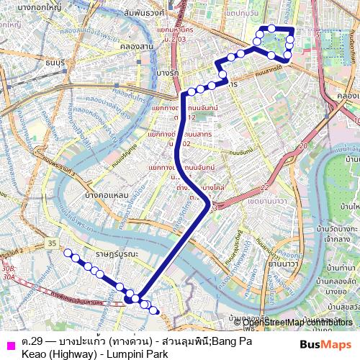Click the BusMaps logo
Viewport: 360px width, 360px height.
tap(325, 345)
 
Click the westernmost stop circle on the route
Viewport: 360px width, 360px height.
tap(69, 253)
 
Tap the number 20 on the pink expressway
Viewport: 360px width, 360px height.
tap(302, 145)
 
